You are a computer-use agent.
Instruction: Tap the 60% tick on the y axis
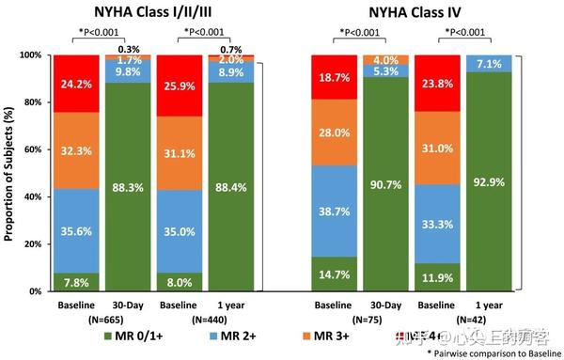point(31,149)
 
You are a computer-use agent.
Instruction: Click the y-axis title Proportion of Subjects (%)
point(9,174)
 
